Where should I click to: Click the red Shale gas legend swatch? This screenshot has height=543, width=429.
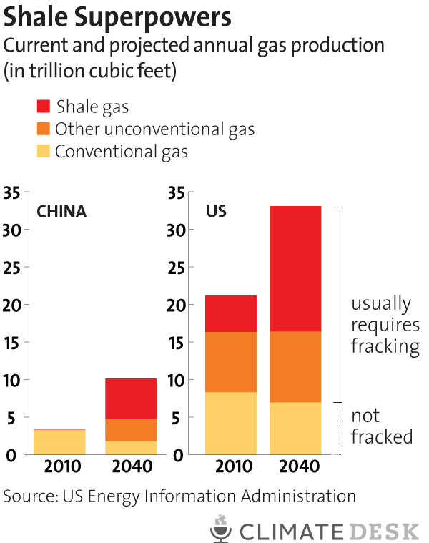(43, 107)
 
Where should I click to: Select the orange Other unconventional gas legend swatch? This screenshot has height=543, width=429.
(43, 129)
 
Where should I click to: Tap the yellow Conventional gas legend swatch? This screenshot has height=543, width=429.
(43, 151)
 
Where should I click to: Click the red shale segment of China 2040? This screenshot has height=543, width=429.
(132, 398)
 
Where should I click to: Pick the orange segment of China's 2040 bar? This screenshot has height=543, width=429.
(132, 429)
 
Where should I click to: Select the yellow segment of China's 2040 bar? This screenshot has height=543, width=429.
(132, 447)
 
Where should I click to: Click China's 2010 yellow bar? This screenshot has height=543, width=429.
(61, 441)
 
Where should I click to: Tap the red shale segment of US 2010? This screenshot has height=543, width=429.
(231, 313)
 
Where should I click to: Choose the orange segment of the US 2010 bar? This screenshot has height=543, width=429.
(231, 361)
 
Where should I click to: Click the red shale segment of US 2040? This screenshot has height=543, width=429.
(295, 268)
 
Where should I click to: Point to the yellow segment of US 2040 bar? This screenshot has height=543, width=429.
(295, 428)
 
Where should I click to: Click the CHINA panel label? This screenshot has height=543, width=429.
(61, 212)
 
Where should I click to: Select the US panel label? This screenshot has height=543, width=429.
(217, 212)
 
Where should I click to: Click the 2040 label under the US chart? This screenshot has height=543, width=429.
(295, 468)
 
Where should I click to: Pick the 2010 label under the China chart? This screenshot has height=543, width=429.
(61, 468)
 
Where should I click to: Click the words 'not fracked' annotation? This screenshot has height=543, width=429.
(382, 426)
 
